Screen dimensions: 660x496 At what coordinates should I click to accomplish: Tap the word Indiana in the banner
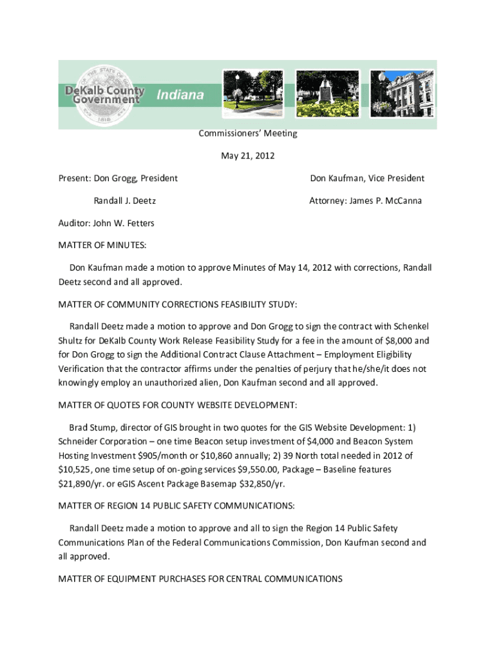coord(180,95)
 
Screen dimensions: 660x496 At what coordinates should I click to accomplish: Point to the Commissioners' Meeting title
coord(248,133)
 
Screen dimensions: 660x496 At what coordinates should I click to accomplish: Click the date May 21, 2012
coord(248,155)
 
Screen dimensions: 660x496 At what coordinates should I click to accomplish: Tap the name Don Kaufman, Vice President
coord(367,178)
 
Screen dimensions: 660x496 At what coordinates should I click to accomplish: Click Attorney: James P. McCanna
coord(365,200)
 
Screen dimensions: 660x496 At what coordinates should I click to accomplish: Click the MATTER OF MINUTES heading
coord(102,246)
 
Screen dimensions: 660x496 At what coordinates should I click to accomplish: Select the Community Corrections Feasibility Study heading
coord(177,304)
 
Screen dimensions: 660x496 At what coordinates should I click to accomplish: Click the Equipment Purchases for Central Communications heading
coord(200,579)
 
